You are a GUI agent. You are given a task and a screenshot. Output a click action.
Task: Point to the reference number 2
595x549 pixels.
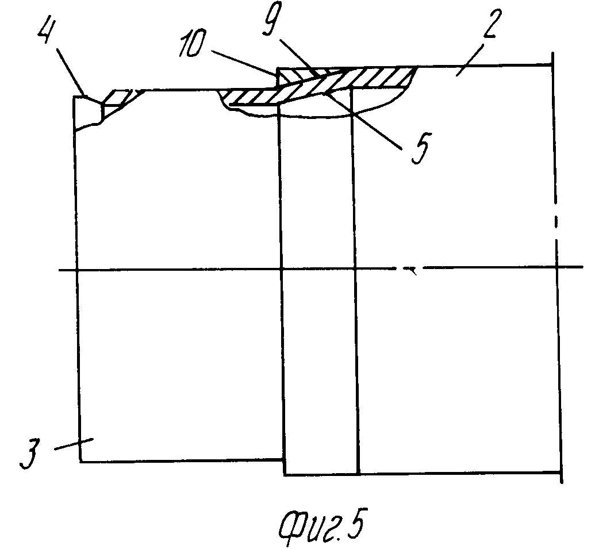pos(492,23)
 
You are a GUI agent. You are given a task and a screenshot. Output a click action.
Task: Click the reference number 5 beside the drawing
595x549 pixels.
pos(420,148)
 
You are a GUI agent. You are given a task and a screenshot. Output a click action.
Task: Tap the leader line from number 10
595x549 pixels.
pos(244,63)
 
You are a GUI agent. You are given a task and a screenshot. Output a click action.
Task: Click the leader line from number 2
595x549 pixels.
pos(470,60)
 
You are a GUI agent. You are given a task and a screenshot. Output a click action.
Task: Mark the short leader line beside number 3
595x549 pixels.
pos(74,444)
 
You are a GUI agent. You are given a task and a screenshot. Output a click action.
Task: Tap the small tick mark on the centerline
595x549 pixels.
pos(412,271)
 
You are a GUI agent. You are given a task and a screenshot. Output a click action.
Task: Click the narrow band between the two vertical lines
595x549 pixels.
pos(318,281)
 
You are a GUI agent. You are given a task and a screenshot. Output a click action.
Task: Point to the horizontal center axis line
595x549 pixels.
pos(321,268)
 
